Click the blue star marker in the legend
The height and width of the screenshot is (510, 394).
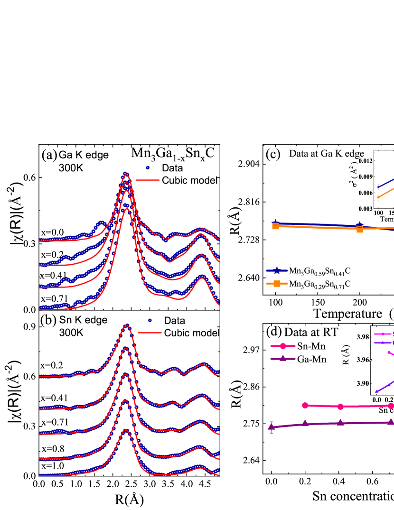(x=277, y=271)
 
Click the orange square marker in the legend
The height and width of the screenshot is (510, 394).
(x=277, y=283)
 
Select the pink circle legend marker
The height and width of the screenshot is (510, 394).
(x=283, y=346)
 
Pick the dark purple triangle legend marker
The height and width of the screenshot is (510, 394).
(x=283, y=359)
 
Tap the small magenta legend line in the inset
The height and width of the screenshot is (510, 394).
(x=383, y=334)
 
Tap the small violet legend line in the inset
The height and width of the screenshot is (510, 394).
(x=383, y=343)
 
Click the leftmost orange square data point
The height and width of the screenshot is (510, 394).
(x=275, y=226)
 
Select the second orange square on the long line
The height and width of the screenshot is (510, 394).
(x=360, y=229)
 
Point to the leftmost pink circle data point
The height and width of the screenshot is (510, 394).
(x=305, y=405)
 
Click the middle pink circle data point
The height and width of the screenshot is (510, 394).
(x=340, y=407)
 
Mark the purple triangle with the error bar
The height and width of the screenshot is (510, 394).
(x=272, y=427)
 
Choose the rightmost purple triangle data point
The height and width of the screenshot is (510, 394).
(x=391, y=422)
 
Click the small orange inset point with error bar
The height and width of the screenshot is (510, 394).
(x=378, y=197)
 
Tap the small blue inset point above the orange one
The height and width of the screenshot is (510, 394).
(x=378, y=187)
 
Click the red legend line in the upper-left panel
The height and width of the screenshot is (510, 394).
(x=148, y=180)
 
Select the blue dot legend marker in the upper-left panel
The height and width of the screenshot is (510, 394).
(x=148, y=167)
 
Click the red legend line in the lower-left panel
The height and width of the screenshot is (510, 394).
(x=150, y=333)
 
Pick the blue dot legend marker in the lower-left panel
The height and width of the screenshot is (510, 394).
(x=150, y=320)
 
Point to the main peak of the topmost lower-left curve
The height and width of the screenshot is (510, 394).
(x=126, y=325)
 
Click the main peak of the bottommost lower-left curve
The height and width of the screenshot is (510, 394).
(x=126, y=430)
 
